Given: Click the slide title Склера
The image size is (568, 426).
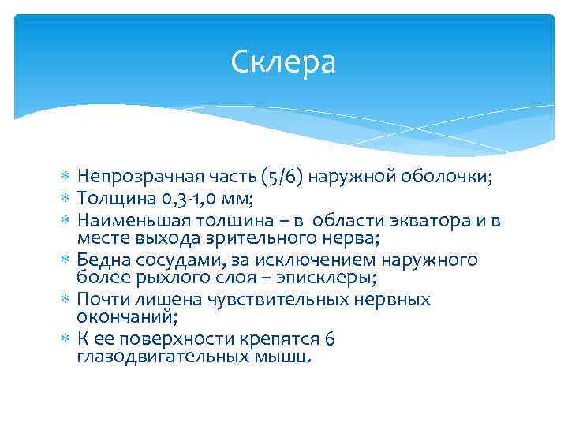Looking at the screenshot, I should click(284, 62).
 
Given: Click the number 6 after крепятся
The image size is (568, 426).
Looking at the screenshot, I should click(330, 338).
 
